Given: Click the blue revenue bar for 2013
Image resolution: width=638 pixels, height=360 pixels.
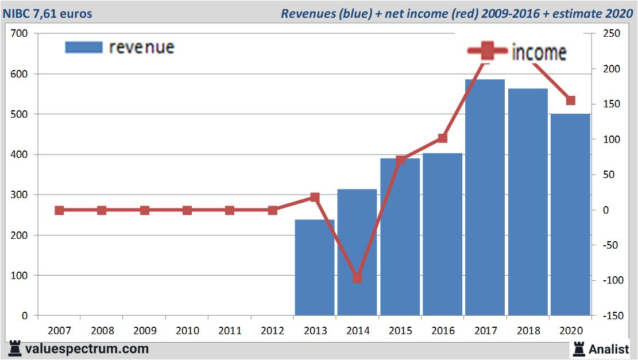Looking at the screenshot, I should pyautogui.click(x=315, y=268).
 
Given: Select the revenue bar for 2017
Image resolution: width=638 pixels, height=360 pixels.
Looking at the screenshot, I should pyautogui.click(x=485, y=198).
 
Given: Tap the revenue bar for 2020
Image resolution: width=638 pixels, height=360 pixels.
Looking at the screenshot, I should pyautogui.click(x=570, y=215).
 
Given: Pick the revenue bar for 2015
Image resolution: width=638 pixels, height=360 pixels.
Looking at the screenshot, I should pyautogui.click(x=400, y=237).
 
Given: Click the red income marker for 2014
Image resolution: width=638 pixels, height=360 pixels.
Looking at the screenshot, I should pyautogui.click(x=357, y=278).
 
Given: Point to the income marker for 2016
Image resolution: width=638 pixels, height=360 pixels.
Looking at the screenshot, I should pyautogui.click(x=442, y=138).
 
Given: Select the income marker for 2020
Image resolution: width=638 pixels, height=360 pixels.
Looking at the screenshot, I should pyautogui.click(x=570, y=100).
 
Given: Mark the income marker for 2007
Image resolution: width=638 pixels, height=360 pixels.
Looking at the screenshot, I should pyautogui.click(x=59, y=210).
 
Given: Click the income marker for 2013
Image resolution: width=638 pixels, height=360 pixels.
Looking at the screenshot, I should pyautogui.click(x=315, y=197).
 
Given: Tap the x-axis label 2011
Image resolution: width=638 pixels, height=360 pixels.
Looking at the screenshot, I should pyautogui.click(x=230, y=331).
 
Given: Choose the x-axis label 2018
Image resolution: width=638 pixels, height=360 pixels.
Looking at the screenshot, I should pyautogui.click(x=528, y=331).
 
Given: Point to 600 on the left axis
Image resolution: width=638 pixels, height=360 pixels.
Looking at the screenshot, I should pyautogui.click(x=20, y=74).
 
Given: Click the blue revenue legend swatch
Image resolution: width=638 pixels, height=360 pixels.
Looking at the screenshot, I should pyautogui.click(x=84, y=47).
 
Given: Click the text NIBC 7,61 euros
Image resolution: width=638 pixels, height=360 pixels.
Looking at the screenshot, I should pyautogui.click(x=48, y=13).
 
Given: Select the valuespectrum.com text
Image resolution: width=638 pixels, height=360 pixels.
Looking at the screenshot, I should pyautogui.click(x=87, y=349).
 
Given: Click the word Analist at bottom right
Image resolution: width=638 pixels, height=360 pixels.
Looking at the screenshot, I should pyautogui.click(x=609, y=349).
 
